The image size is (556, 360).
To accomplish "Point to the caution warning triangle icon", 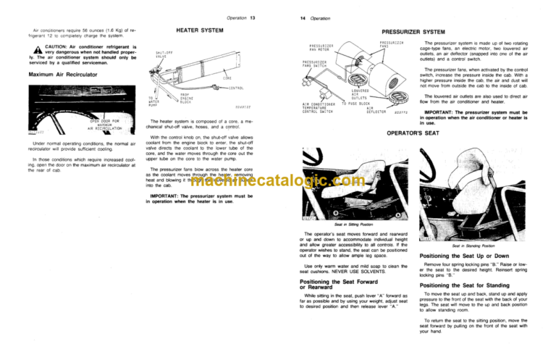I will pyautogui.click(x=30, y=50).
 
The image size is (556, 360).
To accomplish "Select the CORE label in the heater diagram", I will pyautogui.click(x=227, y=78).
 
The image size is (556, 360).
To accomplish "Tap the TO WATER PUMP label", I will pyautogui.click(x=155, y=101).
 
